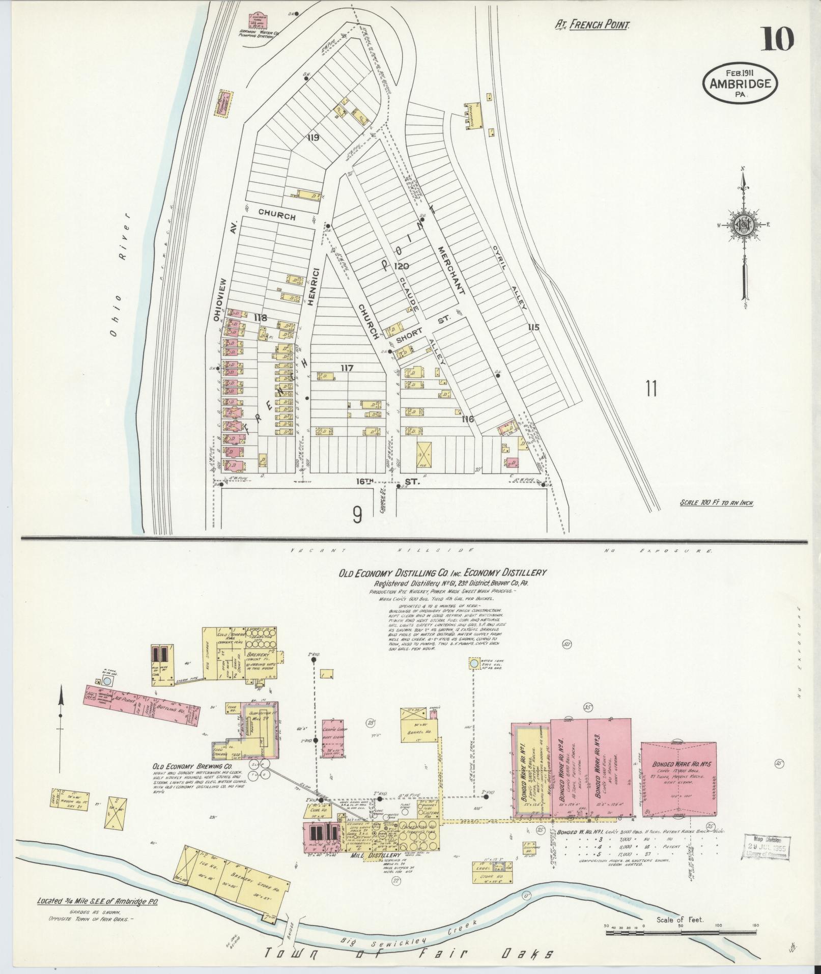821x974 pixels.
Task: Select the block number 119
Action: click(x=313, y=137)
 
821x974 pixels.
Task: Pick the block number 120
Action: click(x=402, y=266)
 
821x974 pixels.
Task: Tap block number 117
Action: click(x=347, y=368)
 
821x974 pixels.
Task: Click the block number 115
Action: click(x=533, y=327)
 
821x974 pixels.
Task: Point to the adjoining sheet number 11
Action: click(x=650, y=389)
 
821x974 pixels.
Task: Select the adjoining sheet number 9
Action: click(x=357, y=516)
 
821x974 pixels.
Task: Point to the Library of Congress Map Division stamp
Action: click(x=767, y=847)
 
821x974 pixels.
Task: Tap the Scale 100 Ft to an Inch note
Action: click(x=716, y=503)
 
